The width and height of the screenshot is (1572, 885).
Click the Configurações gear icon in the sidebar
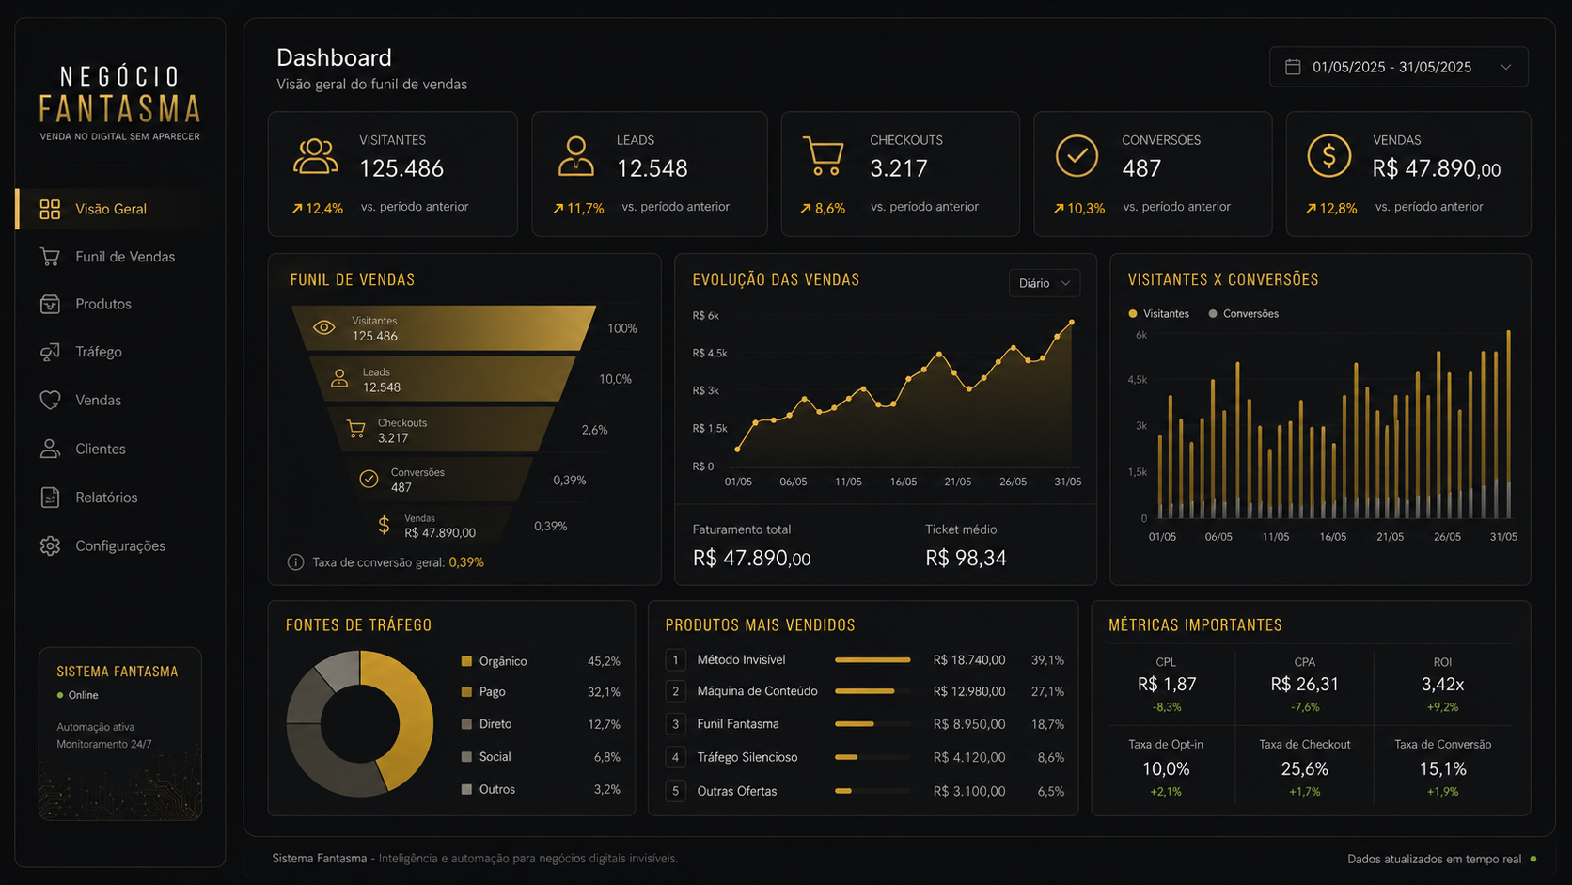pyautogui.click(x=50, y=546)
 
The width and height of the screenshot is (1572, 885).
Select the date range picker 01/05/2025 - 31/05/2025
pyautogui.click(x=1398, y=68)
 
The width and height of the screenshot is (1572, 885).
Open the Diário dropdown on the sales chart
pyautogui.click(x=1045, y=283)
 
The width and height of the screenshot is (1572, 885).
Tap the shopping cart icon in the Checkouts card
pyautogui.click(x=824, y=156)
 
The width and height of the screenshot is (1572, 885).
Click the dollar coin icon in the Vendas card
pyautogui.click(x=1328, y=156)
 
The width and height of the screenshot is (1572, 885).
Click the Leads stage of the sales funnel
pyautogui.click(x=442, y=379)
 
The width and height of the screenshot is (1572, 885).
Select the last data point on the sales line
pyautogui.click(x=1072, y=323)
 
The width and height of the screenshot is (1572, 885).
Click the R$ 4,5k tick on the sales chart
pyautogui.click(x=710, y=353)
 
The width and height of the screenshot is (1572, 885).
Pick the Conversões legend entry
pyautogui.click(x=1244, y=314)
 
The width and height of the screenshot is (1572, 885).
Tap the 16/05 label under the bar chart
pyautogui.click(x=1332, y=537)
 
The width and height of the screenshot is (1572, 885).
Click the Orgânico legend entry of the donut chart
pyautogui.click(x=494, y=661)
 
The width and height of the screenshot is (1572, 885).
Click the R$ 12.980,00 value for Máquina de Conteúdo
pyautogui.click(x=969, y=691)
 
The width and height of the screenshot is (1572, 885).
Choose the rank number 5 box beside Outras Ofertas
pyautogui.click(x=675, y=791)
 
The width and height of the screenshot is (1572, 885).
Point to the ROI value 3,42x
pyautogui.click(x=1442, y=685)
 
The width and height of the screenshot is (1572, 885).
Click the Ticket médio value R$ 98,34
pyautogui.click(x=966, y=558)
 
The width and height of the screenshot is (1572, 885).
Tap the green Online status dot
pyautogui.click(x=60, y=696)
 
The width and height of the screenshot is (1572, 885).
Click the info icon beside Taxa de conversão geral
pyautogui.click(x=295, y=562)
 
